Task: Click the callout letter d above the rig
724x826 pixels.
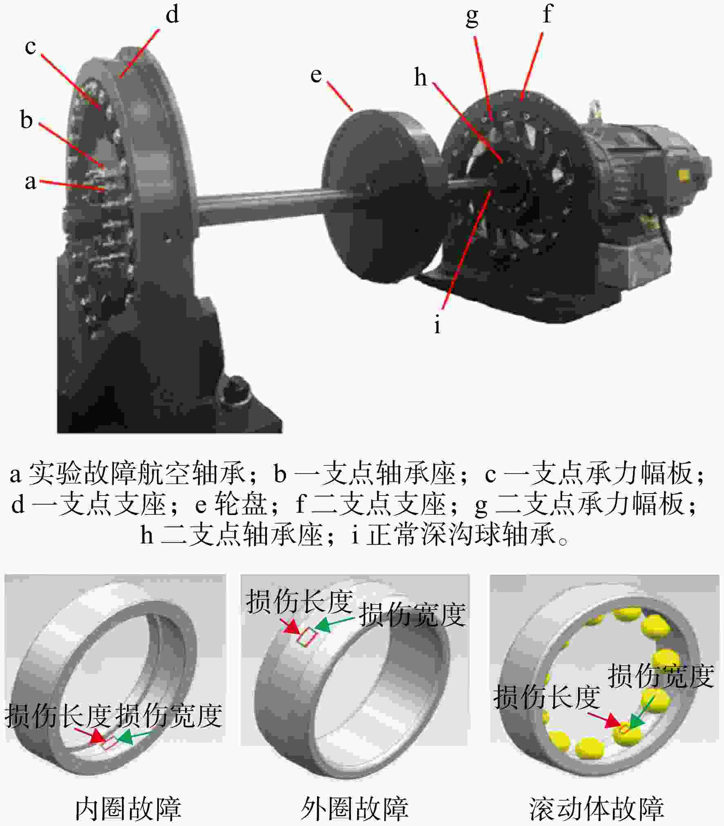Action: [172, 15]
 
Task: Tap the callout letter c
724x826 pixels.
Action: [30, 47]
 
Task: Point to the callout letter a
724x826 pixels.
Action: [30, 182]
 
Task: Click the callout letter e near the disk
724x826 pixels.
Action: [316, 75]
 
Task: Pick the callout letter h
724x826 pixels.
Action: [420, 76]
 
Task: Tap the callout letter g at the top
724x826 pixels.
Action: [472, 17]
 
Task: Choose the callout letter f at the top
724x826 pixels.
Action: [547, 13]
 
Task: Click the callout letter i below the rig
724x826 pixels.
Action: [438, 325]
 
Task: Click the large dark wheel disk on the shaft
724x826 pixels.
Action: [380, 196]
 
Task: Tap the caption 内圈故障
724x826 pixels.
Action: [128, 808]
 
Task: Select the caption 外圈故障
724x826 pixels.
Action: [355, 808]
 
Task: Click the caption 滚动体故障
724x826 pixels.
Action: [597, 808]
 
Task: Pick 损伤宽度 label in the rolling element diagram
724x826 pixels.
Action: [661, 676]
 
